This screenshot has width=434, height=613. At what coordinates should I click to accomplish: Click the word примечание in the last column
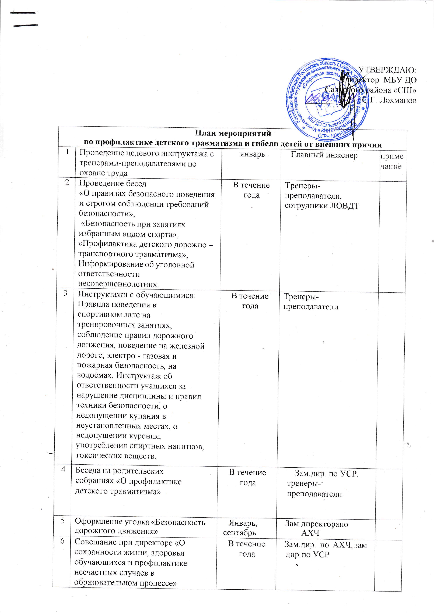(x=392, y=161)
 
